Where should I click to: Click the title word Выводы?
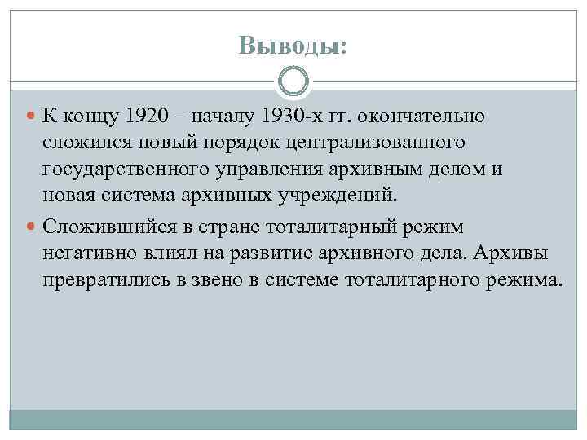coord(293,47)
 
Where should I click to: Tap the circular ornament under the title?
coord(293,81)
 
